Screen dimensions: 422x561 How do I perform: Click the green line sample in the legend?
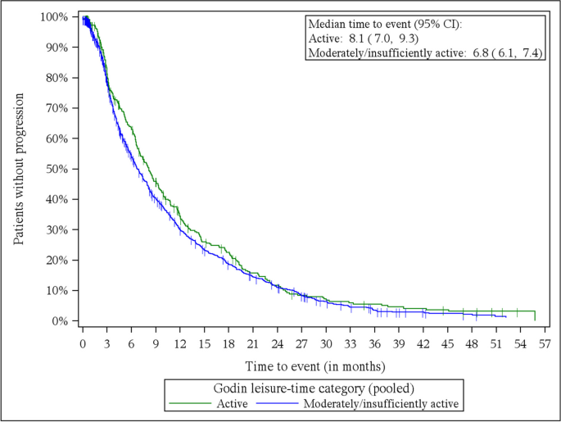click(x=187, y=403)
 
